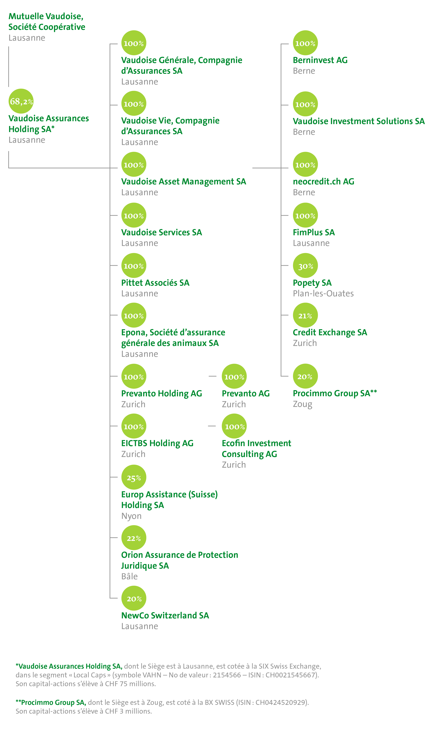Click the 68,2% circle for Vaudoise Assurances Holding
tap(21, 101)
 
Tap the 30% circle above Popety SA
tap(305, 266)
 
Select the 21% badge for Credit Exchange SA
tap(305, 315)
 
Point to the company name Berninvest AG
tap(320, 60)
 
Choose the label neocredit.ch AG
tap(323, 182)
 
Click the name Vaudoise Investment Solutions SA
tap(359, 121)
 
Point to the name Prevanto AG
tap(246, 393)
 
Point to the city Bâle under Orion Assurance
tap(129, 576)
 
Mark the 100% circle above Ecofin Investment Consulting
tap(234, 426)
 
